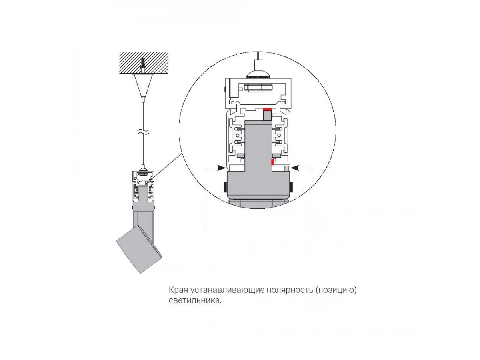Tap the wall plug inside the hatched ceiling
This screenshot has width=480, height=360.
click(x=143, y=64)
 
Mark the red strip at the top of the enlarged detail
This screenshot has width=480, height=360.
click(x=268, y=108)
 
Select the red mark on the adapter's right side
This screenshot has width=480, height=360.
click(x=272, y=162)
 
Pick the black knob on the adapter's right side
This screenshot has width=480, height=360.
click(x=290, y=186)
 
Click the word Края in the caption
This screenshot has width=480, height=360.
click(x=176, y=290)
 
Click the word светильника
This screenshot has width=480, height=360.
click(x=194, y=300)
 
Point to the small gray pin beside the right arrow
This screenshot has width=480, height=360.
click(x=286, y=169)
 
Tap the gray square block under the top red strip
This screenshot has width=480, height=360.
click(x=267, y=115)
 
